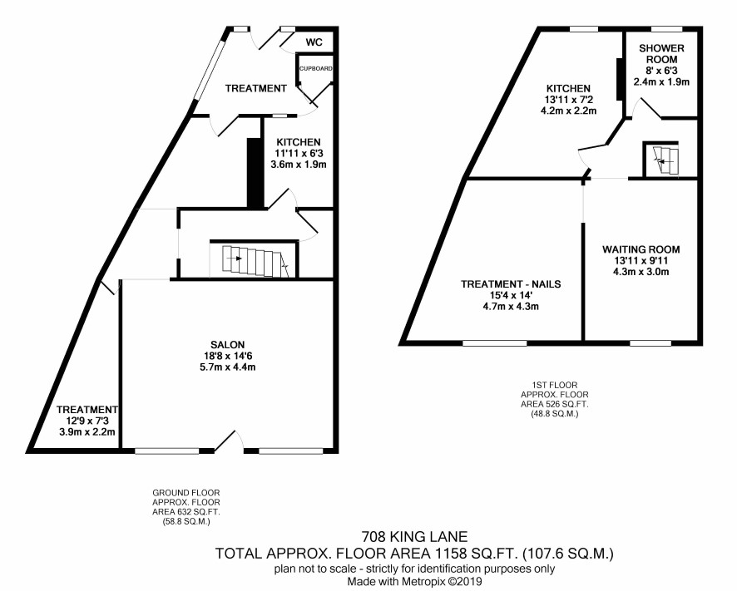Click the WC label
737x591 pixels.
click(x=314, y=42)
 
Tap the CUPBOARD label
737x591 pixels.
click(x=316, y=69)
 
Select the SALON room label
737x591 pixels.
click(x=228, y=345)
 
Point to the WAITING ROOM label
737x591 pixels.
click(x=641, y=249)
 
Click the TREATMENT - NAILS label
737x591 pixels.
click(x=511, y=284)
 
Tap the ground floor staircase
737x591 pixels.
click(x=254, y=261)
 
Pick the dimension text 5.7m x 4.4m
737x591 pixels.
click(x=228, y=367)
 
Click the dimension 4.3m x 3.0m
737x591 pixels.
click(x=641, y=272)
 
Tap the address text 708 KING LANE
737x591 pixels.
click(x=414, y=536)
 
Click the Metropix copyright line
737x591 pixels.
click(x=414, y=581)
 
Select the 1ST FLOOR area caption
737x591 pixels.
click(x=555, y=399)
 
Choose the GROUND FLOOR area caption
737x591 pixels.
click(x=186, y=507)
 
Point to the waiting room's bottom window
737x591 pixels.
click(x=650, y=343)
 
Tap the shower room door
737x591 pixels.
click(x=649, y=108)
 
